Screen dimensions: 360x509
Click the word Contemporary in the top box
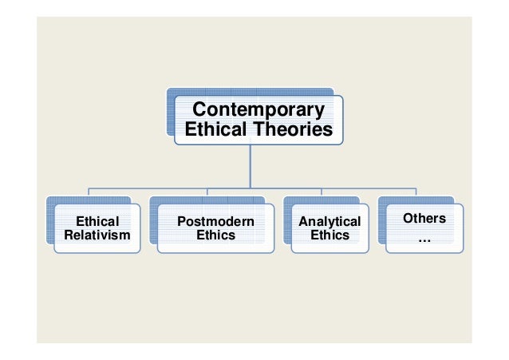259,109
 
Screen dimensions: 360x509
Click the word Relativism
97,235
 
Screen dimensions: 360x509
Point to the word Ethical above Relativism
97,221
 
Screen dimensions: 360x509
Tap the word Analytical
329,221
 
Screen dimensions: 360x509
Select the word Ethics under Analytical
329,235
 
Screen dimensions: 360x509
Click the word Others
424,218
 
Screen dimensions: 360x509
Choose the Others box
424,244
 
